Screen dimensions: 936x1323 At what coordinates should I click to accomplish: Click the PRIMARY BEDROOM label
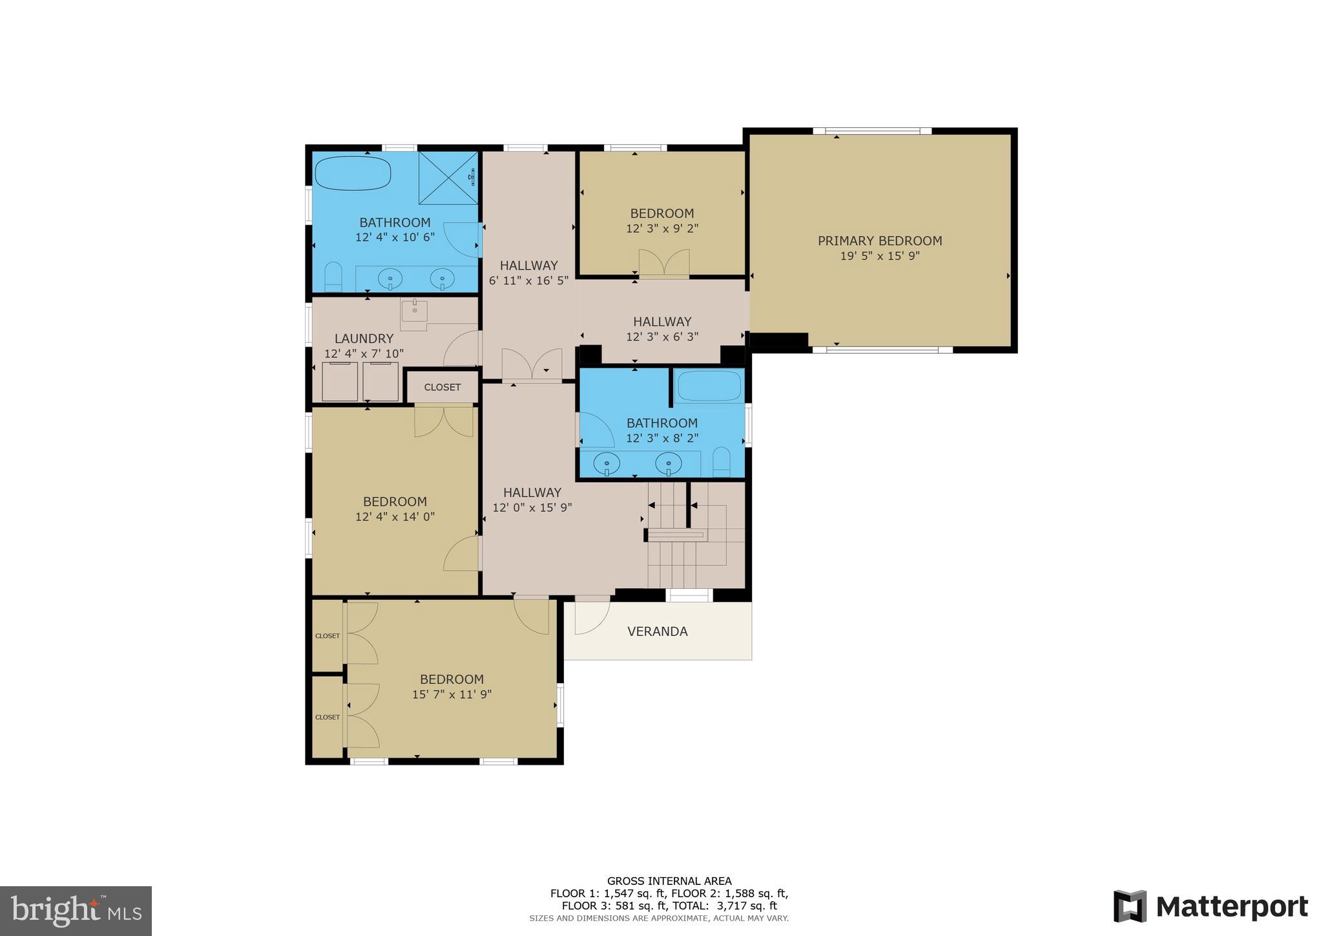coord(879,240)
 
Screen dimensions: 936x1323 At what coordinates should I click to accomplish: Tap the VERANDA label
coord(657,632)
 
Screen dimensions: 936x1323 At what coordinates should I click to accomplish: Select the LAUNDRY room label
coord(364,338)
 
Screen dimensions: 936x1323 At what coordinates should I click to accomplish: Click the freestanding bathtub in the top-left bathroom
coord(353,173)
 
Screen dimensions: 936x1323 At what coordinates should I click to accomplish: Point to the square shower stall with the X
coord(448,178)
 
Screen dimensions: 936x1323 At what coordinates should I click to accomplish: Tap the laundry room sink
coord(414,312)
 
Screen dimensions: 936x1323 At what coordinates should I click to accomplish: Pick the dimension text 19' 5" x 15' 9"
coord(879,256)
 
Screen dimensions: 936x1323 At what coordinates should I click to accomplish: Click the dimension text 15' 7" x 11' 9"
coord(452,695)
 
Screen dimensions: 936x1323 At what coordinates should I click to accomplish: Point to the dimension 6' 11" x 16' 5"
coord(528,281)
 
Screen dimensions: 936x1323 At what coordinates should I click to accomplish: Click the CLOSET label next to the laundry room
coord(443,387)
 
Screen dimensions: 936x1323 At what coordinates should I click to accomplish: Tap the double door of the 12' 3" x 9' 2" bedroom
coord(664,264)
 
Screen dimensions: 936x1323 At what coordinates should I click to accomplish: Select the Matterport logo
coord(1211,906)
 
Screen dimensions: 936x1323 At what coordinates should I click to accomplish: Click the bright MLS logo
coord(76,911)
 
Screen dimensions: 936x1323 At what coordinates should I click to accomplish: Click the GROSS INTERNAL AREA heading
coord(669,881)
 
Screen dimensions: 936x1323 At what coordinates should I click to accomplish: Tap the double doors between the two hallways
coord(532,364)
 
